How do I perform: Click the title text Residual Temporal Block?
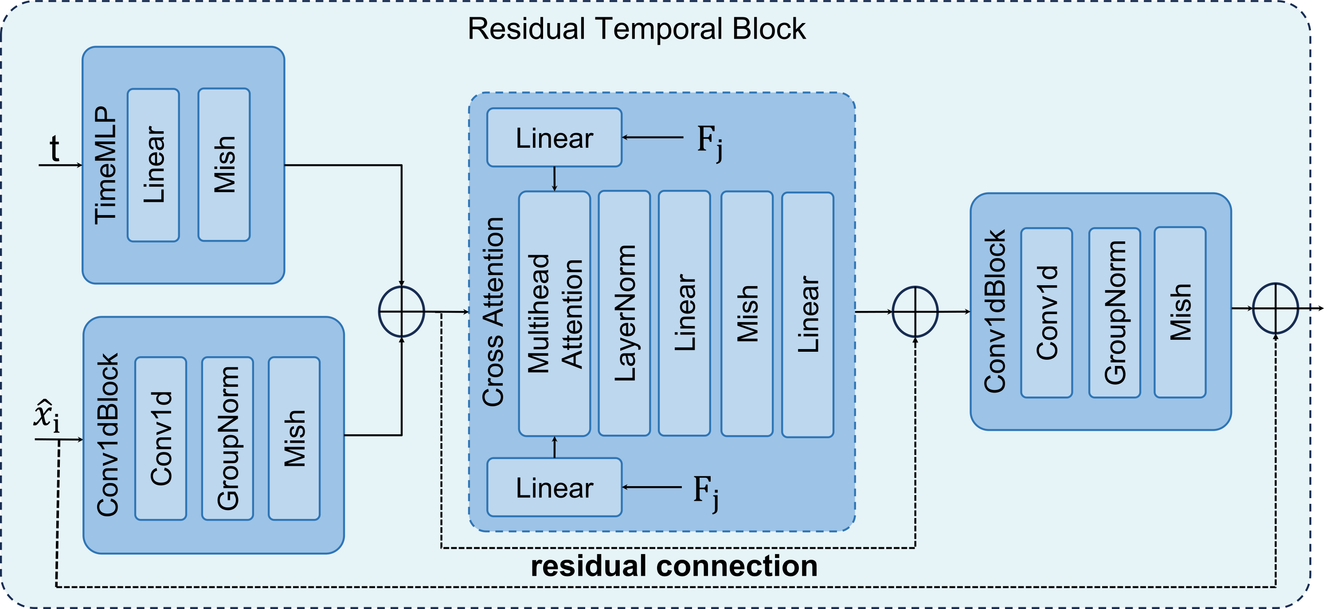pyautogui.click(x=636, y=29)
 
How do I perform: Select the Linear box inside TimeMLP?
pyautogui.click(x=153, y=165)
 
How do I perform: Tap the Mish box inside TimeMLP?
pyautogui.click(x=224, y=165)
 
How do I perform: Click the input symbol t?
pyautogui.click(x=54, y=149)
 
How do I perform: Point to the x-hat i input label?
pyautogui.click(x=47, y=416)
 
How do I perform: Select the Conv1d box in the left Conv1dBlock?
pyautogui.click(x=160, y=438)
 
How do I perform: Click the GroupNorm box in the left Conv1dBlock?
pyautogui.click(x=227, y=438)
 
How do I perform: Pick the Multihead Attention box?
pyautogui.click(x=554, y=314)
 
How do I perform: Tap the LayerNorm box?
pyautogui.click(x=624, y=314)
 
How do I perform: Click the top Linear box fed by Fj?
pyautogui.click(x=554, y=138)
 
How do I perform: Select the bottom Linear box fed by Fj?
pyautogui.click(x=554, y=487)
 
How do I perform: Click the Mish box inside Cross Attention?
pyautogui.click(x=747, y=314)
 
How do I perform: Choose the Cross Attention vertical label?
pyautogui.click(x=493, y=311)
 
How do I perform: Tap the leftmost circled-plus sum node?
pyautogui.click(x=401, y=311)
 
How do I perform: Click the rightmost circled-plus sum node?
pyautogui.click(x=1275, y=308)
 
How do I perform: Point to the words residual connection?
pyautogui.click(x=674, y=566)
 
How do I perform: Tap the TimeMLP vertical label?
pyautogui.click(x=106, y=165)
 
